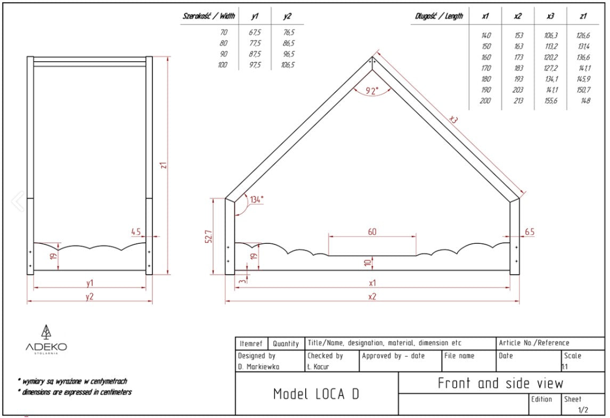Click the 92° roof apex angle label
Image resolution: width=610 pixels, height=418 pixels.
click(371, 91)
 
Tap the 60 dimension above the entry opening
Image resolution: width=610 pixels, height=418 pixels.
click(372, 232)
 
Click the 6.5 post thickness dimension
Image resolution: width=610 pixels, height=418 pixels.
click(529, 232)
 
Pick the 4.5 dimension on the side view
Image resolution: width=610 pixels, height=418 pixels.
click(136, 232)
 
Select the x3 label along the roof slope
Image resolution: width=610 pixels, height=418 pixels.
click(453, 120)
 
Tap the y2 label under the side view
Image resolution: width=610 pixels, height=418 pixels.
click(90, 297)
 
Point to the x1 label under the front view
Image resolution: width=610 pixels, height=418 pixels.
click(372, 283)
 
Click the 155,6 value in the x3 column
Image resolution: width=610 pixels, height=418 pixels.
click(551, 101)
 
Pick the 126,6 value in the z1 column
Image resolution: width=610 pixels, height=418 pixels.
click(583, 35)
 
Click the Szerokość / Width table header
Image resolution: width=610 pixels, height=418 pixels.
click(209, 16)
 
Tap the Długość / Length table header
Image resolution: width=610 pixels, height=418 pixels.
click(439, 16)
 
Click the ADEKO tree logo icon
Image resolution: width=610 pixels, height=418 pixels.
click(47, 332)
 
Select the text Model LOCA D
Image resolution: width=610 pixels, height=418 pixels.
click(316, 394)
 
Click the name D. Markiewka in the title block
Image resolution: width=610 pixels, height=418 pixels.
click(258, 367)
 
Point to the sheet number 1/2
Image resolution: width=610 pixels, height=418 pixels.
click(583, 409)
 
